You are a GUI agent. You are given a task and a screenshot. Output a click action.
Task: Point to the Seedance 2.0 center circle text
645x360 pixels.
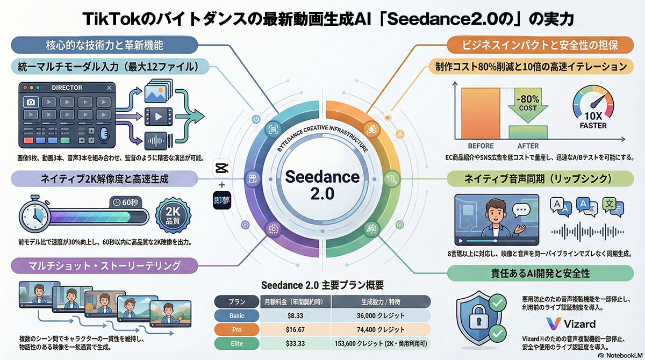click(315, 184)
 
